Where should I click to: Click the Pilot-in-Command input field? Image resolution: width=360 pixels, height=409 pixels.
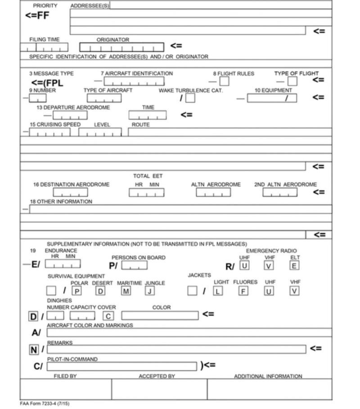click(x=121, y=366)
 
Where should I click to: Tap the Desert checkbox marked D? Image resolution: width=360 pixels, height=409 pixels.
click(x=101, y=291)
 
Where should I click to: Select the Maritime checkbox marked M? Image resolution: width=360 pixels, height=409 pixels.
click(x=126, y=291)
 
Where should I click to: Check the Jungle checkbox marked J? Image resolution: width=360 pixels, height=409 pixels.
click(x=150, y=291)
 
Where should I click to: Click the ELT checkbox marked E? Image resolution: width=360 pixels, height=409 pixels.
click(x=294, y=265)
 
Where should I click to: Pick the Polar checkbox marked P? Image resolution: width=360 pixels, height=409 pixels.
click(x=77, y=291)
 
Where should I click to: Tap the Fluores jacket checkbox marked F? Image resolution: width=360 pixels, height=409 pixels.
click(x=243, y=291)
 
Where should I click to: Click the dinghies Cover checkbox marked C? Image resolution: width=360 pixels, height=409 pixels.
click(x=108, y=316)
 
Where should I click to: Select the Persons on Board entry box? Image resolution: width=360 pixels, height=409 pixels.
click(x=134, y=265)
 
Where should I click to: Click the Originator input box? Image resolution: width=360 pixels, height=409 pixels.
click(x=121, y=47)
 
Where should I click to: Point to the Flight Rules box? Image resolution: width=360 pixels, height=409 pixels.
click(x=224, y=81)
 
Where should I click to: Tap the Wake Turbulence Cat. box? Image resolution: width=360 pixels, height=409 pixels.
click(x=190, y=98)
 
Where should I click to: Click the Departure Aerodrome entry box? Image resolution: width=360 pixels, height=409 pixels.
click(x=70, y=115)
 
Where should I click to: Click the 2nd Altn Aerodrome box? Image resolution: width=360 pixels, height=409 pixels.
click(x=280, y=192)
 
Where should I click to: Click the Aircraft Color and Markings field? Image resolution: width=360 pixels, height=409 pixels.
click(x=189, y=332)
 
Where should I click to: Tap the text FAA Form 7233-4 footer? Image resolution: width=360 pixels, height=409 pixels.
click(x=45, y=404)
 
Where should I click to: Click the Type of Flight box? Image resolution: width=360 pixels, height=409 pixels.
click(x=292, y=81)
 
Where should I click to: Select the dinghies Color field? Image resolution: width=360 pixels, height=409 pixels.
click(x=160, y=315)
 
